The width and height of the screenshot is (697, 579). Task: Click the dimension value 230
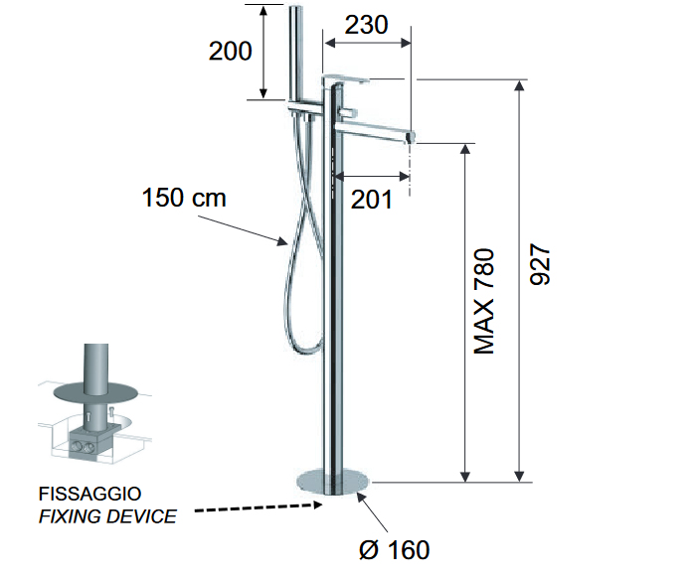(366, 25)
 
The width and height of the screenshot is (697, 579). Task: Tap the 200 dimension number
(231, 51)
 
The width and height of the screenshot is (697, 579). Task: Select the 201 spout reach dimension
(372, 200)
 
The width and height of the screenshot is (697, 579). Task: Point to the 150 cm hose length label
(184, 198)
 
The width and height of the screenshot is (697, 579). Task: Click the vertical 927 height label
(541, 264)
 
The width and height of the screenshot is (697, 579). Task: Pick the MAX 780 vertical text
(484, 302)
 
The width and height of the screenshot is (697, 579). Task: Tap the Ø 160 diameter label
(395, 550)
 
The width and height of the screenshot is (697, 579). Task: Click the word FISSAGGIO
(89, 494)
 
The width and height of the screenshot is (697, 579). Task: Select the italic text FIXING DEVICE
(107, 516)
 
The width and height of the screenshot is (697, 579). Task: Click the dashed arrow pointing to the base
(259, 507)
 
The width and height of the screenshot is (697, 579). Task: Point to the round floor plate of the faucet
(333, 483)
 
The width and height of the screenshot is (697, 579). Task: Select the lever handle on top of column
(346, 80)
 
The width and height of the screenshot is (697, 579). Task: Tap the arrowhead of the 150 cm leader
(283, 242)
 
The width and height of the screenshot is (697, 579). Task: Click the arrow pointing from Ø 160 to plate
(372, 512)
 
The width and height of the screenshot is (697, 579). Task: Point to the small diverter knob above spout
(351, 111)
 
